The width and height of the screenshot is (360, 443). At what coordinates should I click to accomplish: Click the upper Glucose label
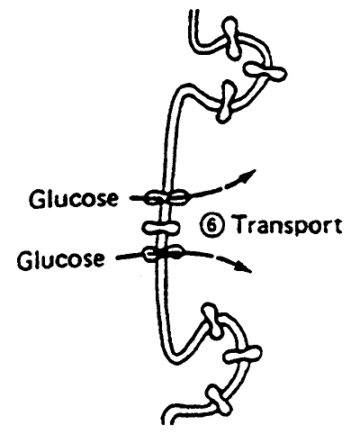(74, 199)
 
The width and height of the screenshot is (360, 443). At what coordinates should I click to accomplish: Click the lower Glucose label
(61, 259)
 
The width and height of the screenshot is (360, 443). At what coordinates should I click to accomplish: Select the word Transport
(287, 226)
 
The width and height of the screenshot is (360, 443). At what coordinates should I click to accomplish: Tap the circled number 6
(211, 225)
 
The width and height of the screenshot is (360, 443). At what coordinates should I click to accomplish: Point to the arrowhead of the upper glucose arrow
(247, 176)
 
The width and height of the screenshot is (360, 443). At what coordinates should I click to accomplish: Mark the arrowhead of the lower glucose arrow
(244, 266)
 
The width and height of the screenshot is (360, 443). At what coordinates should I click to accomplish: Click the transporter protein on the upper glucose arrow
(166, 197)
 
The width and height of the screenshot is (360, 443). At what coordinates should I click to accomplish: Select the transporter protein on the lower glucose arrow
(164, 253)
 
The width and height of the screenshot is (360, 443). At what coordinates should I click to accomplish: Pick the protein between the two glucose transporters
(161, 227)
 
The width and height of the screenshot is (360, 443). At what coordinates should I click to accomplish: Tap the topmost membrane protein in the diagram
(231, 37)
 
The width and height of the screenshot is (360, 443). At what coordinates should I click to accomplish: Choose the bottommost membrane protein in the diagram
(220, 402)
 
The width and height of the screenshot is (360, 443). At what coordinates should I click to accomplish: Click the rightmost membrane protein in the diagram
(265, 71)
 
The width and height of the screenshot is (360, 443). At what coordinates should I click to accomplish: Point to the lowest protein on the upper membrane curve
(226, 102)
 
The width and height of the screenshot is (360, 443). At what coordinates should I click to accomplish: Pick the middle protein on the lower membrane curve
(243, 355)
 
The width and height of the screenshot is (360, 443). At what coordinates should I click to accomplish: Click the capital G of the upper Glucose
(37, 199)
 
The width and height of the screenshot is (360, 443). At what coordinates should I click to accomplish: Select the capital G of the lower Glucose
(25, 259)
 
